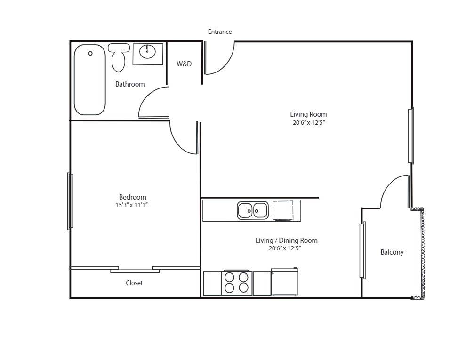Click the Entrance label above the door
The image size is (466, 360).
coord(220,32)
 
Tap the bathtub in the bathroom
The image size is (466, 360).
coord(89,80)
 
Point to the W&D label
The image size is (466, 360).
coord(184,64)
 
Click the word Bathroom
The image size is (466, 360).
coord(130,84)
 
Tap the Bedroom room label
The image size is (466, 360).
coord(132,197)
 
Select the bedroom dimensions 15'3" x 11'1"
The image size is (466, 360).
coord(132,205)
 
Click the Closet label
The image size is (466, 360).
coord(134,283)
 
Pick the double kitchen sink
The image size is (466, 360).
coord(253,210)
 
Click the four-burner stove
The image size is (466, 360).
coord(236,282)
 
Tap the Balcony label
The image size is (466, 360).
coord(392,252)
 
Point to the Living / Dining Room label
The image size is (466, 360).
coord(286,240)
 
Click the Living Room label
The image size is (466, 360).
coord(308,114)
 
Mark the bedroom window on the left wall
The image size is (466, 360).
coord(70,201)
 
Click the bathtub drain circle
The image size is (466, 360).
coord(90,54)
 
